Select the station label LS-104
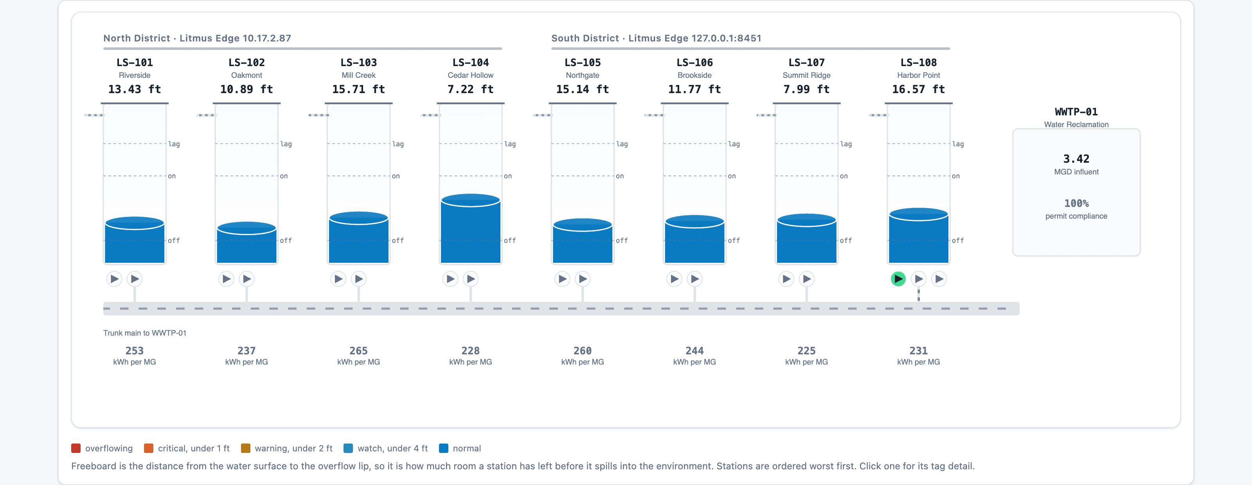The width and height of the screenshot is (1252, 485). pyautogui.click(x=470, y=63)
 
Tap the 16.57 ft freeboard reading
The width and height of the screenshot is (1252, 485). pyautogui.click(x=918, y=90)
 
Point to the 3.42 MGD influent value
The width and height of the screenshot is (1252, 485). pyautogui.click(x=1076, y=159)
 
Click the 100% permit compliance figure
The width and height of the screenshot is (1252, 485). pyautogui.click(x=1076, y=203)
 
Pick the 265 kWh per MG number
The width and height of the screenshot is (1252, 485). pyautogui.click(x=358, y=351)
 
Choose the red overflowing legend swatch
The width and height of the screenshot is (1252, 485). pyautogui.click(x=76, y=448)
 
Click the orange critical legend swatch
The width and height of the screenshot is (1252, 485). pyautogui.click(x=149, y=448)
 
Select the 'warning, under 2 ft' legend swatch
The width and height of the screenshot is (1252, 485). pyautogui.click(x=245, y=448)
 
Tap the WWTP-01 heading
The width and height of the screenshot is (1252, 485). pyautogui.click(x=1076, y=112)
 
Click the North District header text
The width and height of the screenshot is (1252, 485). pyautogui.click(x=197, y=38)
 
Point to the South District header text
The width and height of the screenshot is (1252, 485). pyautogui.click(x=656, y=38)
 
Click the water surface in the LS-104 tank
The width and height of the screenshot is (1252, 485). pyautogui.click(x=470, y=200)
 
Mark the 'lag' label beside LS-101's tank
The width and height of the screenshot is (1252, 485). pyautogui.click(x=174, y=144)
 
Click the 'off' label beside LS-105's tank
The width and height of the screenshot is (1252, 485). pyautogui.click(x=622, y=241)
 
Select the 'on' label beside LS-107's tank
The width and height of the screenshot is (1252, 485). pyautogui.click(x=844, y=176)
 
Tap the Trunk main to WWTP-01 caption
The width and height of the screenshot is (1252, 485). pyautogui.click(x=145, y=333)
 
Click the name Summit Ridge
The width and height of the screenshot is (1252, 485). pyautogui.click(x=806, y=75)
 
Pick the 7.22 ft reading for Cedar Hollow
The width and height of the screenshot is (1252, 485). pyautogui.click(x=470, y=90)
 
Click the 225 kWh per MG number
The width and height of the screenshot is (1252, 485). pyautogui.click(x=806, y=351)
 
